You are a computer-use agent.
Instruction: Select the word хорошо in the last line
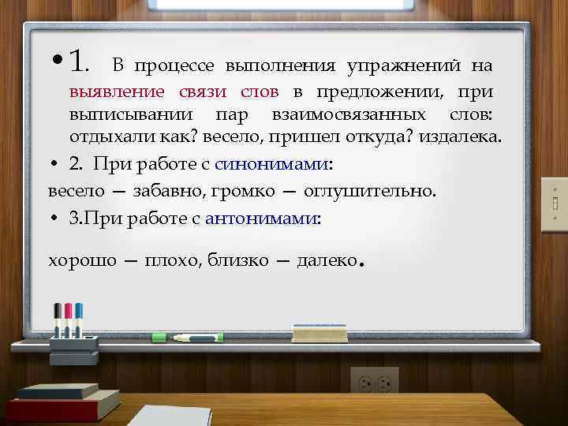pyautogui.click(x=82, y=260)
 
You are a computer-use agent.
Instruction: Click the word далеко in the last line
pyautogui.click(x=327, y=260)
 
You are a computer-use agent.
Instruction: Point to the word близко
pyautogui.click(x=237, y=260)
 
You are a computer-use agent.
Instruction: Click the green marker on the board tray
pyautogui.click(x=187, y=337)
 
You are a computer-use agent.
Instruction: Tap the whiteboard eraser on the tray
pyautogui.click(x=319, y=332)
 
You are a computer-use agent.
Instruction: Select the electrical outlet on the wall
pyautogui.click(x=374, y=383)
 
